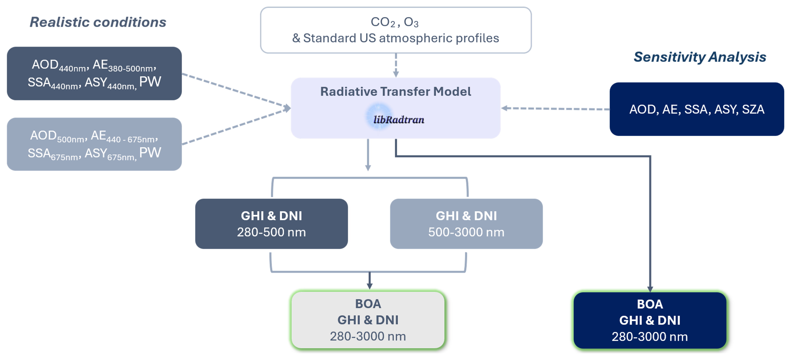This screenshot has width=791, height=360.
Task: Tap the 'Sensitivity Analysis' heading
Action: point(700,57)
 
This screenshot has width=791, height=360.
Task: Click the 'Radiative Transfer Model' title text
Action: point(396,92)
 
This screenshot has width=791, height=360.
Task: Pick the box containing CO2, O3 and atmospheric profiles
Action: point(396,30)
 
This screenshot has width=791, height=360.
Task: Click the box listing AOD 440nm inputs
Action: point(94,73)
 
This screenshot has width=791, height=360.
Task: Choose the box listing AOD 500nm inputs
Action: point(94,144)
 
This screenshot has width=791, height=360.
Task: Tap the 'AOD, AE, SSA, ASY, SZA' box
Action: point(697,109)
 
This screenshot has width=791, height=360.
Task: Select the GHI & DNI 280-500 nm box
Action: point(271,224)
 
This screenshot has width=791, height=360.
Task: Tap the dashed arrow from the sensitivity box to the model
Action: point(555,109)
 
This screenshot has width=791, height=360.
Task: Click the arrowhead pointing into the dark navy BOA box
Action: point(650,289)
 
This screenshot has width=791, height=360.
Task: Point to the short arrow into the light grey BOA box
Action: point(370,280)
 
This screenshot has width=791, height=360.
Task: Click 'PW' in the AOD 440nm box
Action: point(150,82)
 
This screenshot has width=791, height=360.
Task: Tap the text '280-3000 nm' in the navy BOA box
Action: point(650,337)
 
